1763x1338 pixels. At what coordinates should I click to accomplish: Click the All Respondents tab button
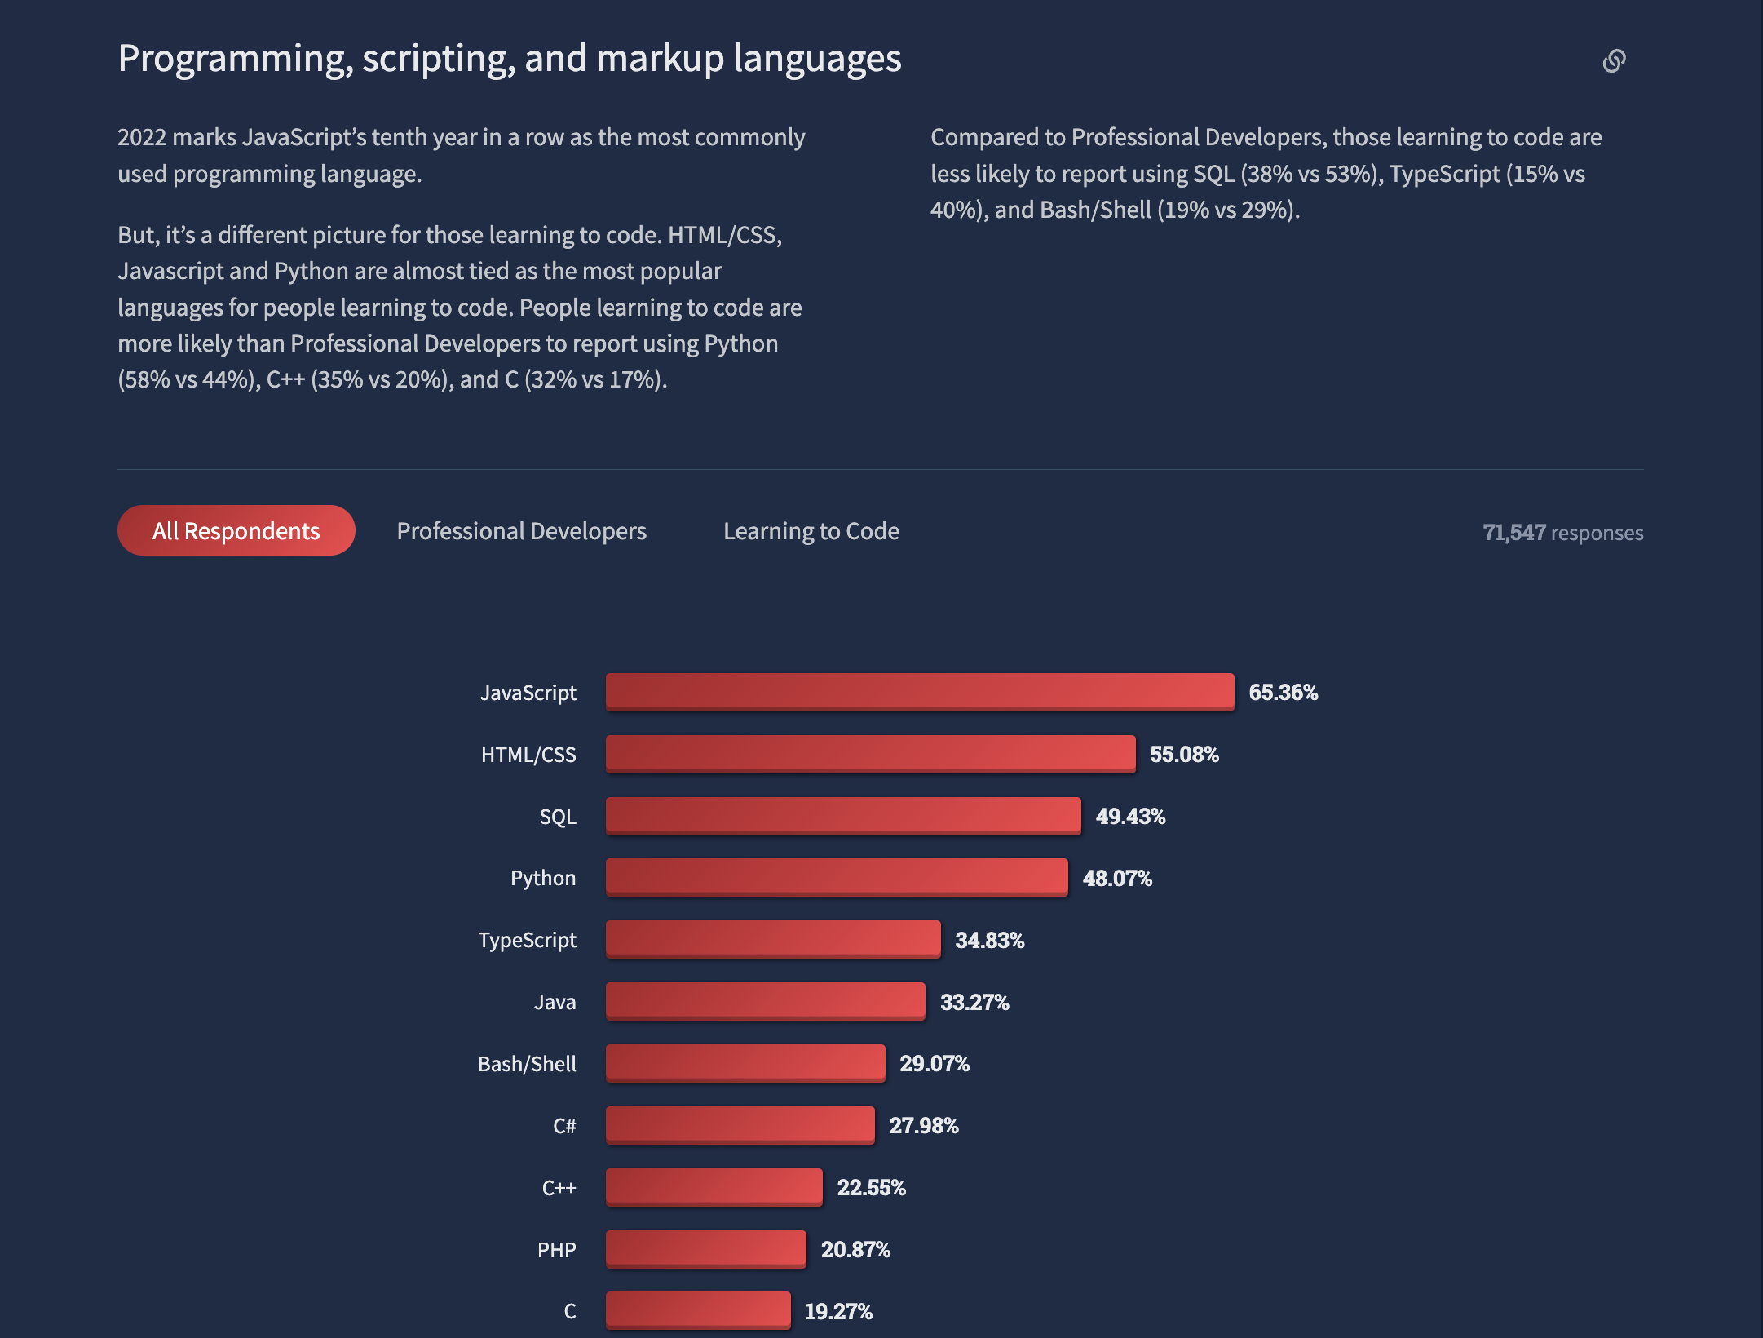coord(236,531)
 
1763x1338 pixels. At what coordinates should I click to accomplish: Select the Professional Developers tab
coord(521,531)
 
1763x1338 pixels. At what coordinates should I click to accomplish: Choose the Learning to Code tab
coord(811,531)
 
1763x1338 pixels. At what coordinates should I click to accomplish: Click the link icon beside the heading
coord(1614,61)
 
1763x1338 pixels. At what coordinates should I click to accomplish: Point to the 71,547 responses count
coord(1562,533)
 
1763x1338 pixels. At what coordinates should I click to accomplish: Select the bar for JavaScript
coord(919,692)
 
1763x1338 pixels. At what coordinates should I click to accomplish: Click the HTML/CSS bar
coord(870,754)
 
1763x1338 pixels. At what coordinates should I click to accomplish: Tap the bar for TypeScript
coord(772,939)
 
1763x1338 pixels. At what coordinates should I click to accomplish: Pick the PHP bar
coord(705,1248)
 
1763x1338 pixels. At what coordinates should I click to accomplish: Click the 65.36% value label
coord(1283,693)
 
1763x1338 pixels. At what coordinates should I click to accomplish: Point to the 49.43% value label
coord(1130,817)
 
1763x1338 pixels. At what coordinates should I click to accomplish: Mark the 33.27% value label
coord(974,1002)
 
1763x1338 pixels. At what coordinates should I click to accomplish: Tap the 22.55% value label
coord(871,1188)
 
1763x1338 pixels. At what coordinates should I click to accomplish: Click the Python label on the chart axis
coord(543,878)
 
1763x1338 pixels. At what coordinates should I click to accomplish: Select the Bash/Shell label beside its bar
coord(527,1064)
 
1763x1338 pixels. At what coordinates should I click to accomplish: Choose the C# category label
coord(564,1126)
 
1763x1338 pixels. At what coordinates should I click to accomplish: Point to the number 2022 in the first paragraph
coord(142,137)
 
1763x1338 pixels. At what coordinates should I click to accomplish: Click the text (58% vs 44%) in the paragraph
coord(188,379)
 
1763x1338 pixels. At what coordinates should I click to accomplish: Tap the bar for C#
coord(740,1125)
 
